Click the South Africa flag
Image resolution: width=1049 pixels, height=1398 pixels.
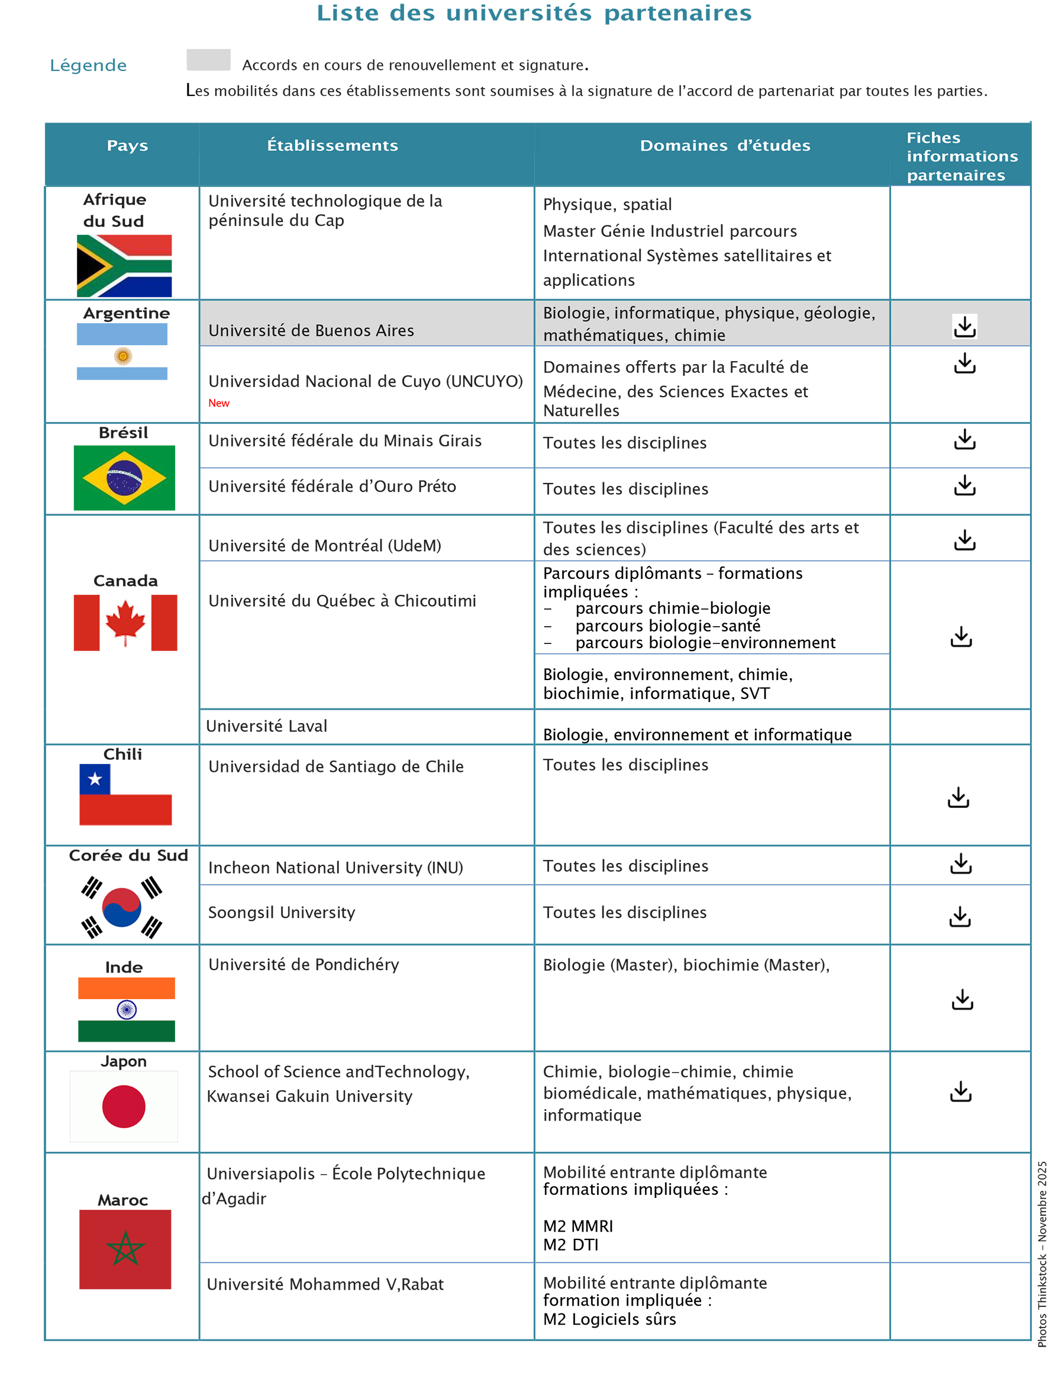point(124,265)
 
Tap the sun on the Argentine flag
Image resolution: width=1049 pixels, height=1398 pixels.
point(122,356)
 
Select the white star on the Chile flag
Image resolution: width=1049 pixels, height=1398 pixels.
point(95,779)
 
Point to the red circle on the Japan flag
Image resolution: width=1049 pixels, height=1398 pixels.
point(124,1106)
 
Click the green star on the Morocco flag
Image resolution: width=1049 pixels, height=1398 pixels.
point(125,1249)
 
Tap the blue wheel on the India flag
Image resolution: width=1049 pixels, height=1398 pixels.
point(127,1009)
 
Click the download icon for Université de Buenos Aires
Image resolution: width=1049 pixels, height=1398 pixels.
point(964,326)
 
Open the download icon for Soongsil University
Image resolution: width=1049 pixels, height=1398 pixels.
point(960,916)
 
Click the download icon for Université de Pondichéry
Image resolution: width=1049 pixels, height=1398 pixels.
point(963,999)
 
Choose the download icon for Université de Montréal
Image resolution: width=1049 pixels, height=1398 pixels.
point(964,540)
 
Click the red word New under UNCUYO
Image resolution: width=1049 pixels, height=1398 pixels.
point(219,403)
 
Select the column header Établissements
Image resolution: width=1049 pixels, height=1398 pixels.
point(333,146)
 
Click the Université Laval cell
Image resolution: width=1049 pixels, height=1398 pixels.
point(267,726)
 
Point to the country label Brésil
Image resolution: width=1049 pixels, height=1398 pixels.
point(123,433)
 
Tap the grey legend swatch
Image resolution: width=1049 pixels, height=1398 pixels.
point(208,60)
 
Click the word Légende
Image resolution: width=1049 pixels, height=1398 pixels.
point(89,65)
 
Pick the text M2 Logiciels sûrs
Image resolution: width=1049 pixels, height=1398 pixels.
point(609,1319)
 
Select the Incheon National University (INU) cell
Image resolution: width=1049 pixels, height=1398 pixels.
point(335,867)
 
